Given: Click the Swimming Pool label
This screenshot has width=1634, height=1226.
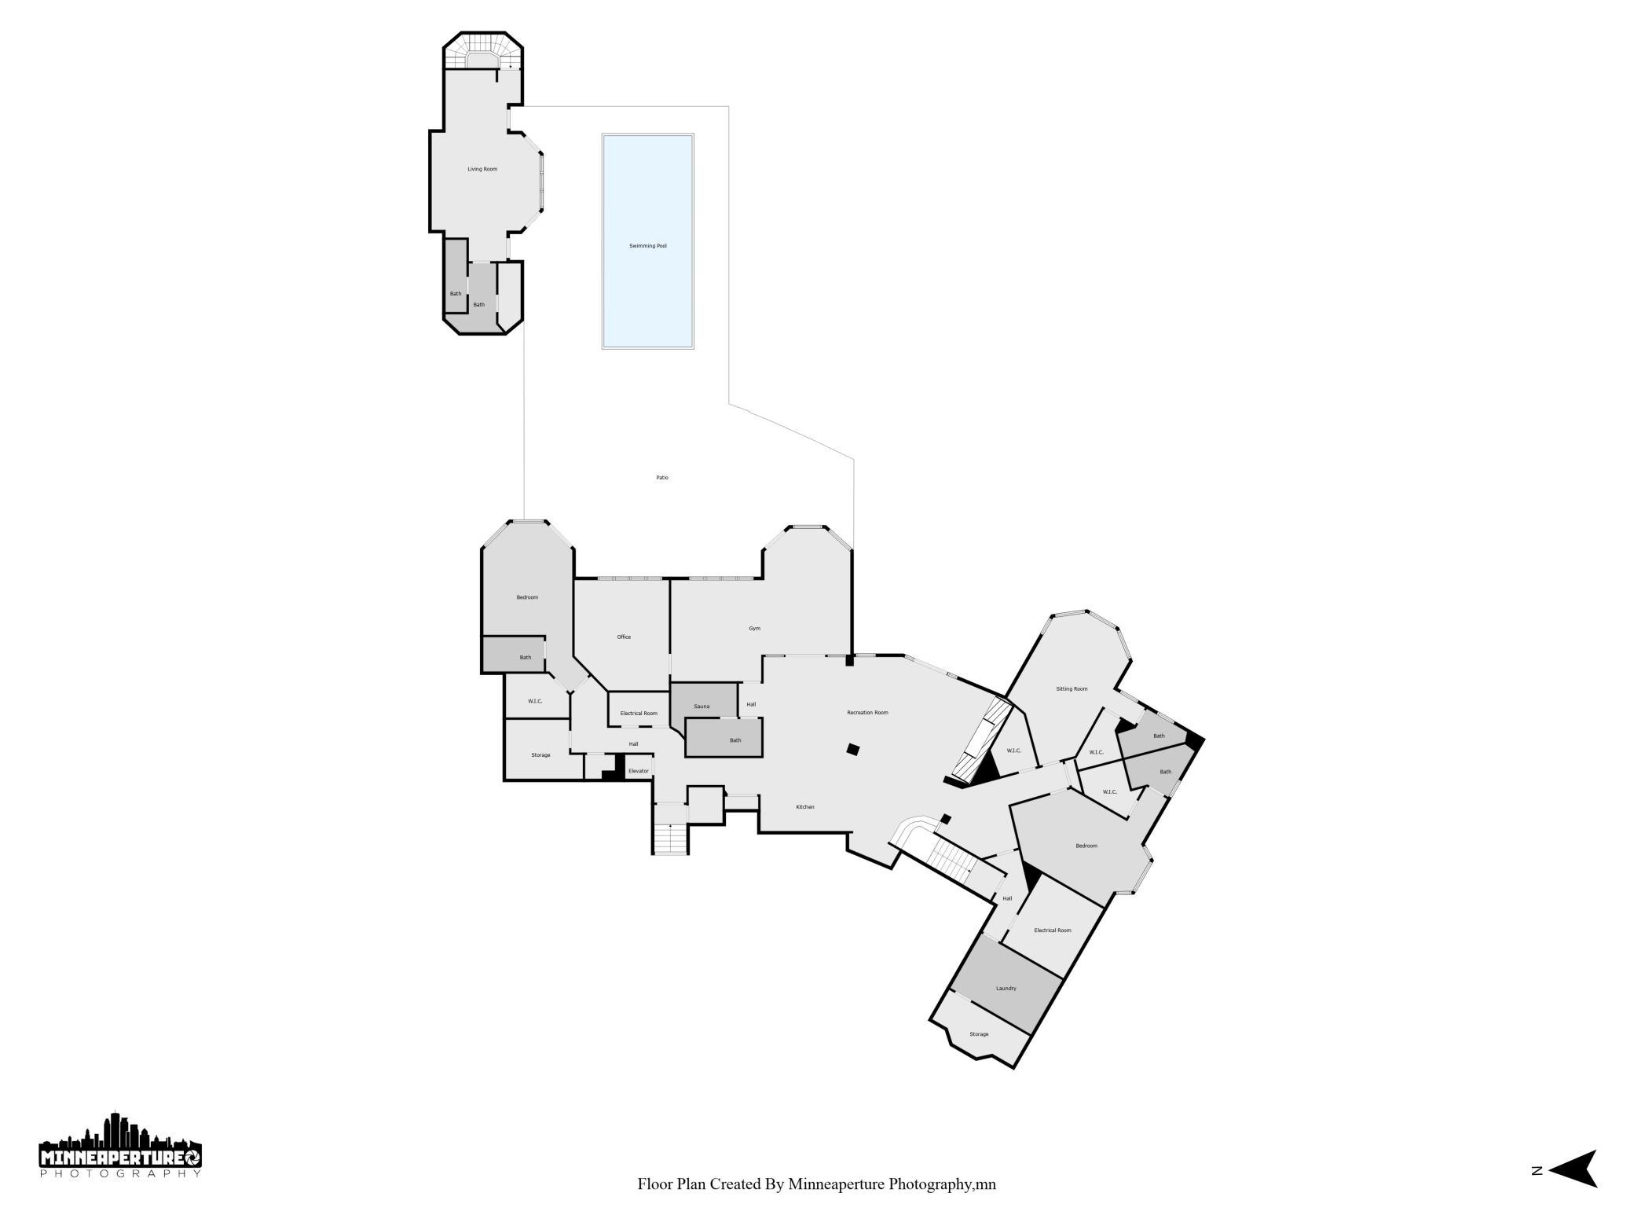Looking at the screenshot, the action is [x=648, y=246].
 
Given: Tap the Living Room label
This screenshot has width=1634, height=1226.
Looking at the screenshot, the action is [x=482, y=169].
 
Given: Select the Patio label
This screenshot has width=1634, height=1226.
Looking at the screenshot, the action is [x=662, y=478].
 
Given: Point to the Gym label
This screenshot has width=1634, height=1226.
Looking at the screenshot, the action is [x=754, y=629].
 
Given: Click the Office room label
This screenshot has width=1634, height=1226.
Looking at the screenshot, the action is [x=624, y=637].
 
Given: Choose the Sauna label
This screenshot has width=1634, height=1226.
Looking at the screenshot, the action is [x=702, y=707].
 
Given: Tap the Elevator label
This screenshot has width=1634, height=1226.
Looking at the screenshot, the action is [x=639, y=771].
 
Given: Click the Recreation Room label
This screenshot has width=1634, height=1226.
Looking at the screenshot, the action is [x=867, y=713].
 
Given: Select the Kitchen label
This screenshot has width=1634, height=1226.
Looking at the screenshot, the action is [x=805, y=807].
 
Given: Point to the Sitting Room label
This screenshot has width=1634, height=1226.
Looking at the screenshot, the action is [x=1072, y=689].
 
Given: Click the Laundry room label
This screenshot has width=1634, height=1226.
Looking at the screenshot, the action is [x=1006, y=989].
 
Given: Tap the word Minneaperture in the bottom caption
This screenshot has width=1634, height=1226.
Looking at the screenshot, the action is [x=837, y=1184].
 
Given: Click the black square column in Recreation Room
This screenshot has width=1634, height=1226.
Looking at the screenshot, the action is [x=853, y=750].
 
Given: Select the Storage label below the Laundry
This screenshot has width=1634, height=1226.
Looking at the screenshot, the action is [x=979, y=1034].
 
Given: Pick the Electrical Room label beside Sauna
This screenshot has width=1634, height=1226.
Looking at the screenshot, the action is [x=639, y=714].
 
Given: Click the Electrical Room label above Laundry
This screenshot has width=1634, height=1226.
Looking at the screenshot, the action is [x=1053, y=931].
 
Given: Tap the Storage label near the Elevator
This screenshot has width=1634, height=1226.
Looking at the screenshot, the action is [x=540, y=755].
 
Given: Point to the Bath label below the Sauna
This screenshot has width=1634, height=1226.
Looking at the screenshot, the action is [x=735, y=740].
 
